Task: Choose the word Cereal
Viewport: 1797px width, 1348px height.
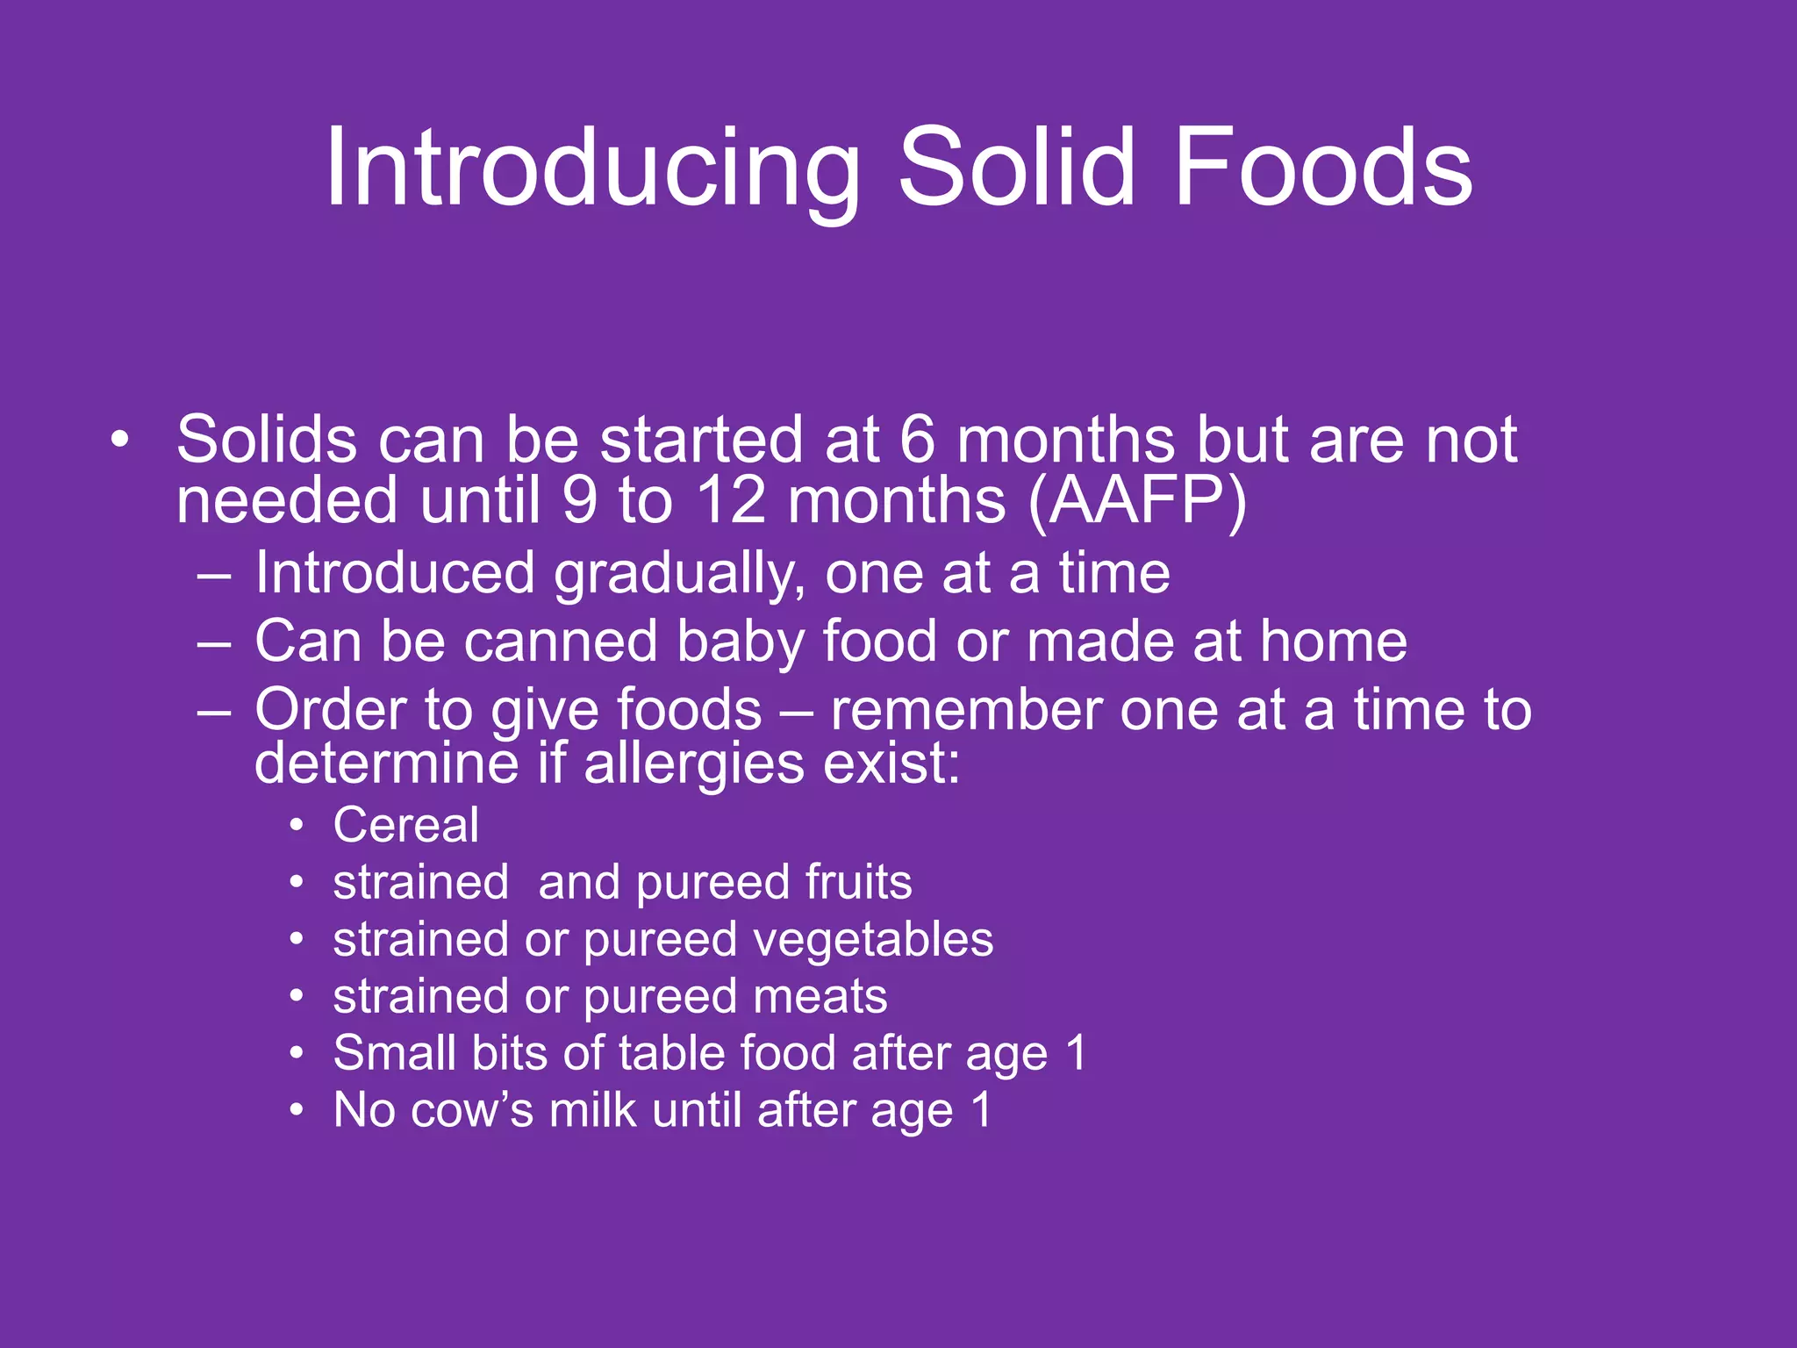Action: tap(406, 826)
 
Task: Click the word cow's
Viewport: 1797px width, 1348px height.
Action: tap(471, 1110)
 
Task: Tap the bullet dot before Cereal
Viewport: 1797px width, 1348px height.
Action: tap(297, 826)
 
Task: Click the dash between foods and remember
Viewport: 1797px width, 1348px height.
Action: tap(795, 712)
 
